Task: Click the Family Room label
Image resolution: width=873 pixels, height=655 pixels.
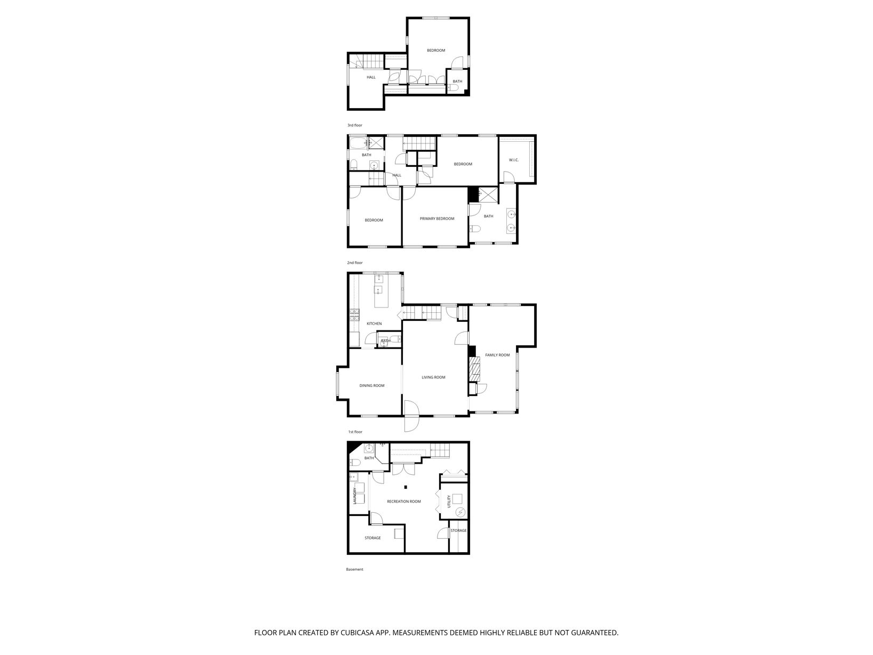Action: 497,355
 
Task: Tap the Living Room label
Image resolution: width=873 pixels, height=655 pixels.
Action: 433,377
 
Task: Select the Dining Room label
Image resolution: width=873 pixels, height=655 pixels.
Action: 372,386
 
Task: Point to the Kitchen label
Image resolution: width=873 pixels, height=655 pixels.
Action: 374,324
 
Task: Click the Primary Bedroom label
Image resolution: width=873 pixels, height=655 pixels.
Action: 436,219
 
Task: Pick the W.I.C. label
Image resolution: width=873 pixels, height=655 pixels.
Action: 513,160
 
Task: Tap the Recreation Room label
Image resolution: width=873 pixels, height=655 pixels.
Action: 403,502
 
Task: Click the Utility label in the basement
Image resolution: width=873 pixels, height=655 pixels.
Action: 449,501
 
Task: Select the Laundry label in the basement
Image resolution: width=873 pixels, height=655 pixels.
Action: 354,496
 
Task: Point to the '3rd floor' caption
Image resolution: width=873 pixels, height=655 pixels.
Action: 355,125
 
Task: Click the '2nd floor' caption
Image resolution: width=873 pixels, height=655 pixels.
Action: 355,263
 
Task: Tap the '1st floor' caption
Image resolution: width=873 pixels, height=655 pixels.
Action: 355,432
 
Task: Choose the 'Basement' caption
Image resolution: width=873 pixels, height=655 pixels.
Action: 354,570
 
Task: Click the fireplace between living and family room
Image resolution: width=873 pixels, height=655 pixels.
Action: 474,369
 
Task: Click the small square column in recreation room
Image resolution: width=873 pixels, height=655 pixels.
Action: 406,487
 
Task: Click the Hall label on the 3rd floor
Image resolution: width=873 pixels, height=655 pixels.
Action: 370,78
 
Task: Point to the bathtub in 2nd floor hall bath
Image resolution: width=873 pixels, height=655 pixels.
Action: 358,143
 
